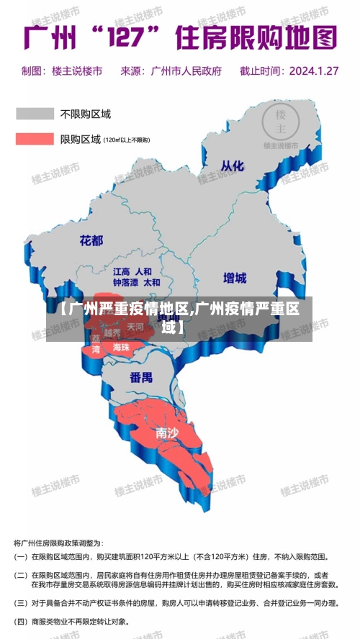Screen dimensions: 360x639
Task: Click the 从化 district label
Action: (232, 166)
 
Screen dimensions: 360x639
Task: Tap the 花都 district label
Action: (91, 240)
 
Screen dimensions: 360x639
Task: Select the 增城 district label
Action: (234, 278)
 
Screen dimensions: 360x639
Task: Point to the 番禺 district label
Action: (141, 377)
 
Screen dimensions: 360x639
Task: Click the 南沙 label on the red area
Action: (167, 432)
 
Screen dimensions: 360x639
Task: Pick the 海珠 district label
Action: (121, 348)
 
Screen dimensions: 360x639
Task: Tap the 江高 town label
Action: (121, 272)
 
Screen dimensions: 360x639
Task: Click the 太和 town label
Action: (152, 283)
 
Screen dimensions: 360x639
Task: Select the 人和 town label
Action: (143, 272)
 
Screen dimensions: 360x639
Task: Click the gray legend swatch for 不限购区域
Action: (35, 114)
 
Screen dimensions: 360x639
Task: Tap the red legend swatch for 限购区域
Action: (35, 139)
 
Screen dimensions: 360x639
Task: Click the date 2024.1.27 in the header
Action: (313, 71)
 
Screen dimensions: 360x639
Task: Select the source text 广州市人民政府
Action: (186, 71)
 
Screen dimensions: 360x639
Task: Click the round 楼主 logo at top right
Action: (281, 122)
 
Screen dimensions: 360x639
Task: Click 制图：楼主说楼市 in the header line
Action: (62, 71)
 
